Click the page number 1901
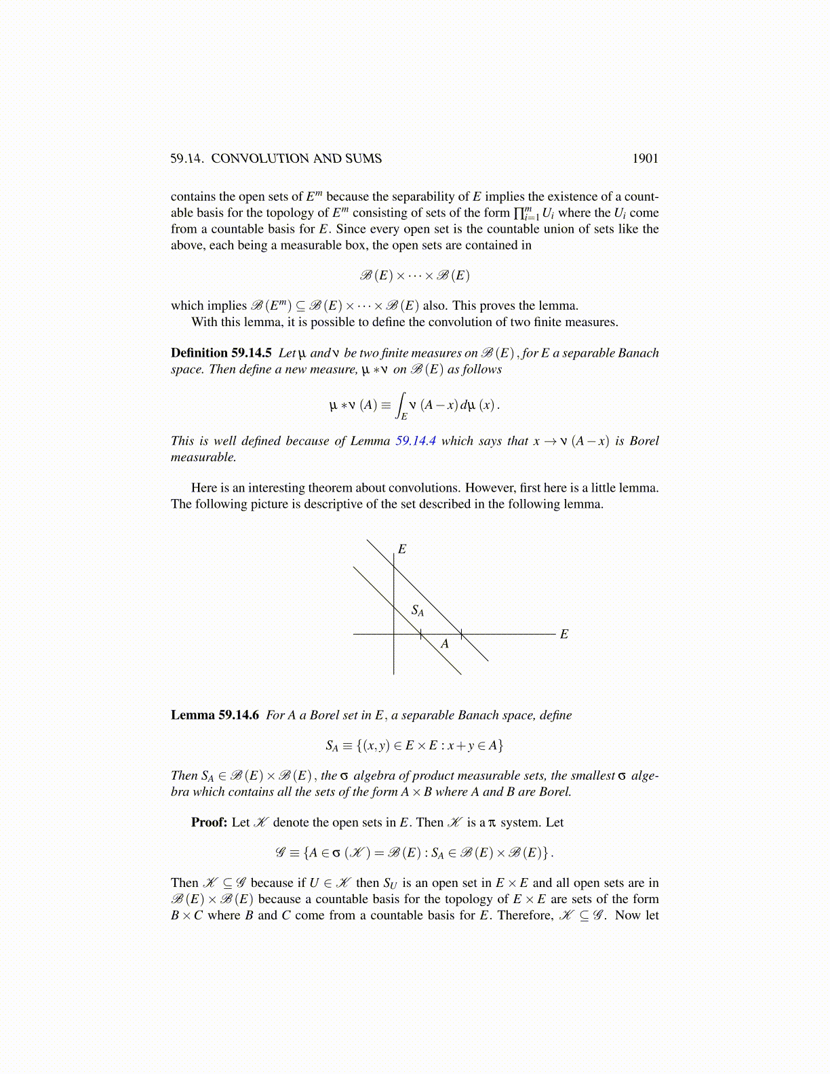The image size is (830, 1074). (x=645, y=159)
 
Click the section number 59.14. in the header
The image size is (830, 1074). (x=186, y=159)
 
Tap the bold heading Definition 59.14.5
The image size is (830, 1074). (x=221, y=353)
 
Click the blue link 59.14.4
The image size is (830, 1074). (x=415, y=441)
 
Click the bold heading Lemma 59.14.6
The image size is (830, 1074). (x=214, y=715)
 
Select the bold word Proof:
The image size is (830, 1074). (x=209, y=822)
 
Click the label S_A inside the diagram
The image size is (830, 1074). (x=418, y=611)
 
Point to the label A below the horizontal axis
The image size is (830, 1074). (x=445, y=644)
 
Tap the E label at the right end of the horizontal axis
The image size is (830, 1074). (x=564, y=635)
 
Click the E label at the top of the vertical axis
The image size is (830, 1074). (x=402, y=549)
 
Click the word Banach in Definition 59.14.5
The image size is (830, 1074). (x=640, y=353)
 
